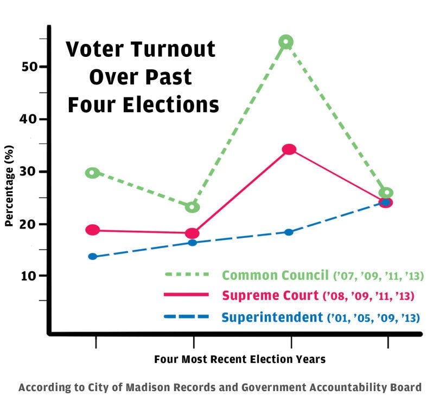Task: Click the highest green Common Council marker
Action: point(286,42)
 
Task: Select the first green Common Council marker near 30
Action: point(93,173)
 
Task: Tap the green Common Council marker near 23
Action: point(192,207)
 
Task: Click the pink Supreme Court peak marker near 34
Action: point(289,149)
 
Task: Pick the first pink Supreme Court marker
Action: point(93,230)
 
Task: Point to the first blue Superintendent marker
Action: point(93,256)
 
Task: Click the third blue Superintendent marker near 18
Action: point(289,232)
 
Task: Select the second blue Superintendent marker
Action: point(192,242)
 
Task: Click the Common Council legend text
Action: point(275,275)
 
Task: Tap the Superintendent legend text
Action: point(271,317)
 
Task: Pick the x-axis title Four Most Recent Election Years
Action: point(240,359)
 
